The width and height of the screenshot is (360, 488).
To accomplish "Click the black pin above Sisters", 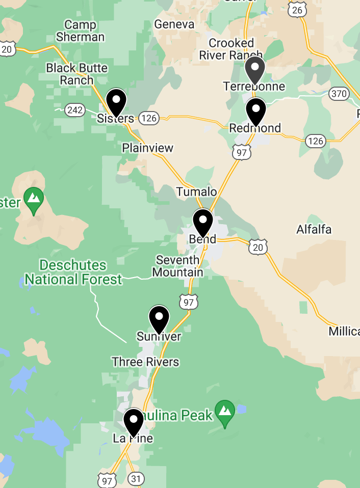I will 116,102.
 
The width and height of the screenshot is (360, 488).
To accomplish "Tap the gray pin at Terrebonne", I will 254,70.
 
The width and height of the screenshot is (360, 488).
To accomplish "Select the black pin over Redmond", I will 255,111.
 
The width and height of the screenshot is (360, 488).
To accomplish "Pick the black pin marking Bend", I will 203,223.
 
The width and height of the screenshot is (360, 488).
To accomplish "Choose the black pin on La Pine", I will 134,422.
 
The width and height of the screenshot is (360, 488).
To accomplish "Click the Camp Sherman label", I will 81,31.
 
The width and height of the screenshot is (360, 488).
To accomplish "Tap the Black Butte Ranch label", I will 77,74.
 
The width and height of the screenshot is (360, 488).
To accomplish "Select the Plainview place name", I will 148,148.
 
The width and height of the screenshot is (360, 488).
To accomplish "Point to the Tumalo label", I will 196,192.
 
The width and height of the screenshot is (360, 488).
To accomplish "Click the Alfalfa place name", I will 314,230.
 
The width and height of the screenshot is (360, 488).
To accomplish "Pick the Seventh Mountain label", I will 177,266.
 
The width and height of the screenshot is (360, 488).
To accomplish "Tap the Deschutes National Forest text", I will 73,272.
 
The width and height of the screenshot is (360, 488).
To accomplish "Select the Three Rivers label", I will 145,362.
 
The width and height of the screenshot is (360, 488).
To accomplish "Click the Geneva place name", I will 174,24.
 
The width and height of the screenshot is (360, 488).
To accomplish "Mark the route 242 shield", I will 75,110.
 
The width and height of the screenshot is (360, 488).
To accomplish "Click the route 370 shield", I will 339,94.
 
